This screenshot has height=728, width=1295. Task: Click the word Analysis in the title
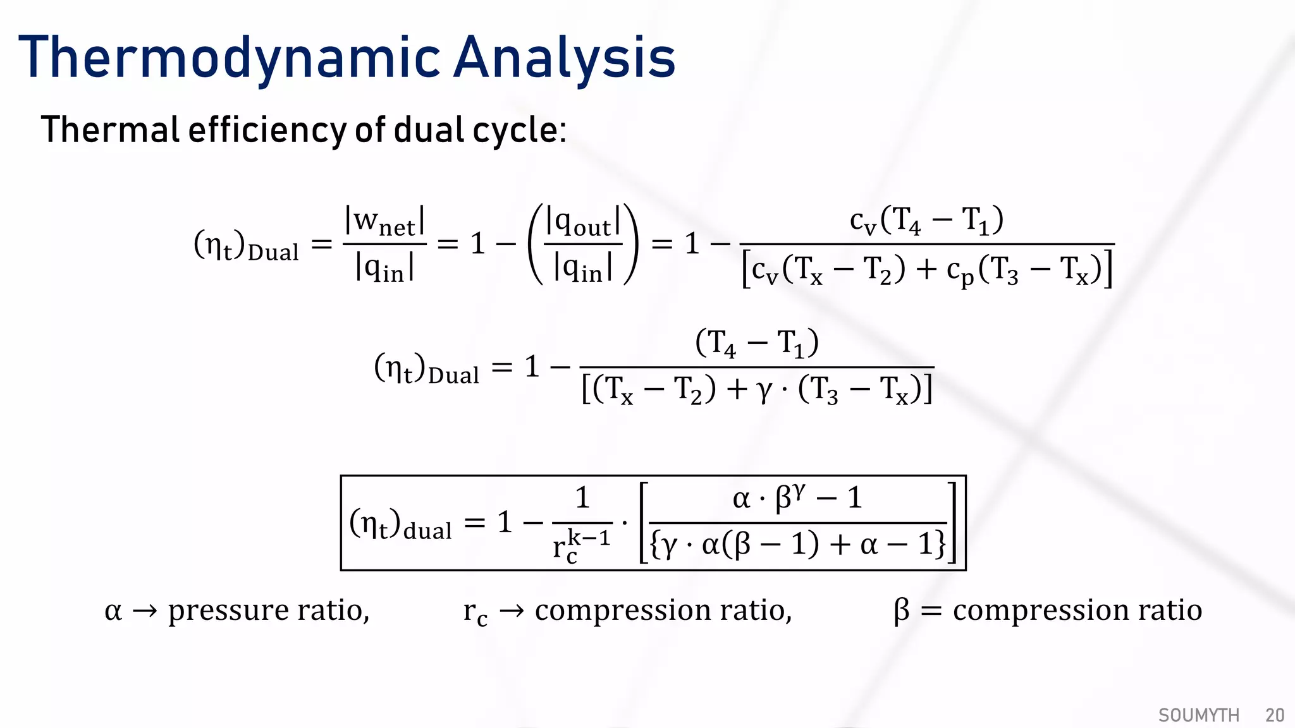[565, 58]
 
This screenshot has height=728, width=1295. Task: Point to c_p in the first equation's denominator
[960, 270]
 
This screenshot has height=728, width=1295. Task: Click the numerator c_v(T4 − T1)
[926, 221]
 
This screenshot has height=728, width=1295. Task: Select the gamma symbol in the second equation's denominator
[764, 390]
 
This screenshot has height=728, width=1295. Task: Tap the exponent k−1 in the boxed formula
[589, 538]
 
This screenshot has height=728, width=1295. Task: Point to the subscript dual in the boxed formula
[427, 531]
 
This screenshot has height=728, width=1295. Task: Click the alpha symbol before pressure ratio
[113, 611]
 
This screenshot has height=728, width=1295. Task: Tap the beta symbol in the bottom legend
[901, 611]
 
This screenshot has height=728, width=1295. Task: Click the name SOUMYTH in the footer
[1198, 715]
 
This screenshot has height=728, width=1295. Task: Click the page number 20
[1274, 715]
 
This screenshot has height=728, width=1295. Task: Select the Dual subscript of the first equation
[273, 253]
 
